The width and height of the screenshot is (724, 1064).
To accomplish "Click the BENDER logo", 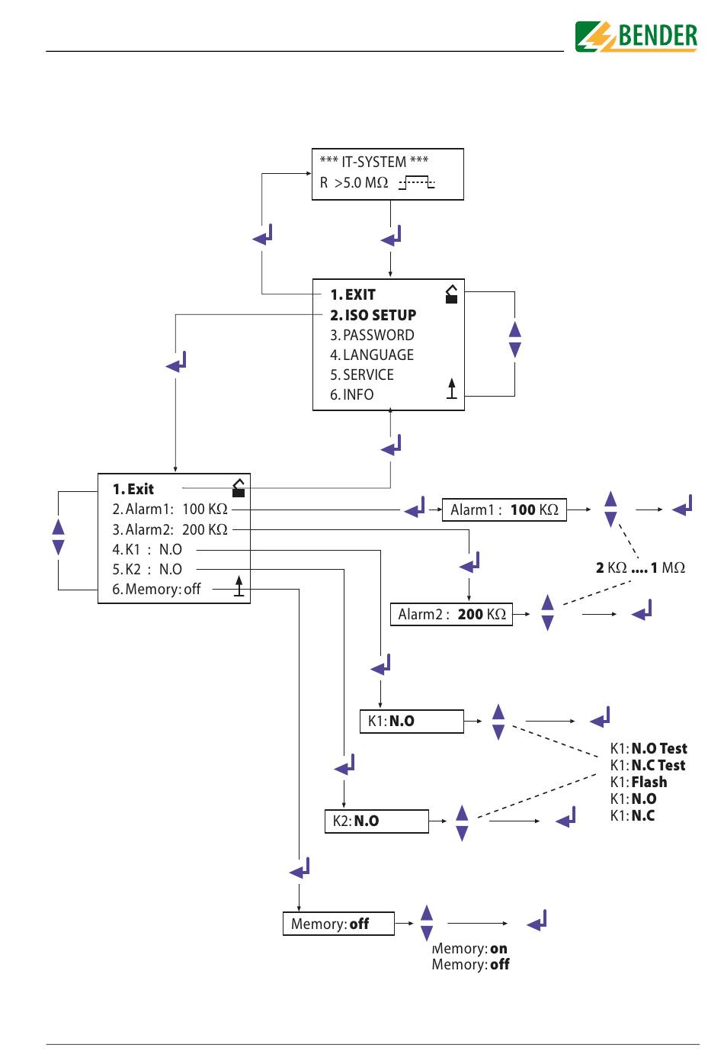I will tap(636, 37).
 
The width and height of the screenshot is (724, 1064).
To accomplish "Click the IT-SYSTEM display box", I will tap(387, 174).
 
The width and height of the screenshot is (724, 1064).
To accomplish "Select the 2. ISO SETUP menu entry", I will tap(373, 315).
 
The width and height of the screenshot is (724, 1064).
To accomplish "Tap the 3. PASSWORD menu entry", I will tap(372, 335).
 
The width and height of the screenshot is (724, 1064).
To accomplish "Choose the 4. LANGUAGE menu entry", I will tap(372, 355).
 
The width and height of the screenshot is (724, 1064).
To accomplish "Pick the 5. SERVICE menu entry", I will tap(362, 374).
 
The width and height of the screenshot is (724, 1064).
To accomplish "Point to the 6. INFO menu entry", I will tap(352, 394).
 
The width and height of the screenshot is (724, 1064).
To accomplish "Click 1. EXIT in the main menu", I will tap(353, 295).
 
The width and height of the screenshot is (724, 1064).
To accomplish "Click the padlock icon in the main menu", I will tap(451, 294).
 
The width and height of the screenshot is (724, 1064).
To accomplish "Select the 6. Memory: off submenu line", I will tap(156, 590).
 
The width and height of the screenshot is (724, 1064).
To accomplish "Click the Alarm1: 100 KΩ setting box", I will tap(504, 509).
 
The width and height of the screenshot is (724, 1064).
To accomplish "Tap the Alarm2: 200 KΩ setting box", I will tap(451, 614).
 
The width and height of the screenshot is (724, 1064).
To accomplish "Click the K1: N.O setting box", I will tap(412, 722).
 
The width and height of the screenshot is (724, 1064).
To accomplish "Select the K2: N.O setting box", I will tap(376, 821).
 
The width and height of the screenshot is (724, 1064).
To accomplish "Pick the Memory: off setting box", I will tap(338, 924).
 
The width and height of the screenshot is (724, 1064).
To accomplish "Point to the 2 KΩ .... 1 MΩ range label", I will tap(640, 567).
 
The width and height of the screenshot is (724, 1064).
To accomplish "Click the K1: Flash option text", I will tap(639, 782).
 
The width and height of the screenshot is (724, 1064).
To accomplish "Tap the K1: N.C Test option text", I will tap(648, 765).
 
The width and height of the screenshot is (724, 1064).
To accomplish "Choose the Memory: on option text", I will tap(469, 948).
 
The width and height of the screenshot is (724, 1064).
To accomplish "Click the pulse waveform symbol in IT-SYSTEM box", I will tap(417, 183).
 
